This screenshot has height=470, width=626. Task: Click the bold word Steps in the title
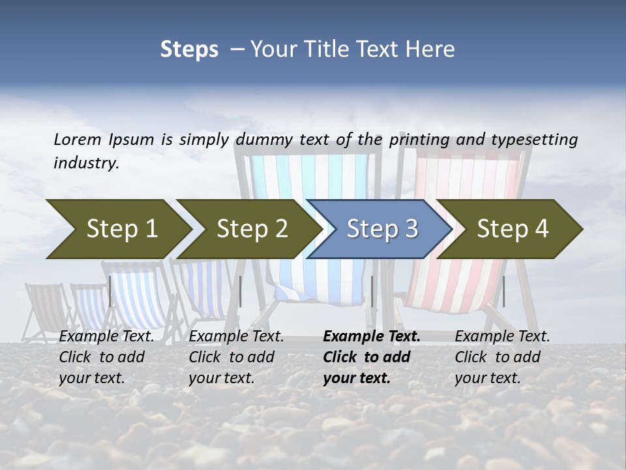pos(189,50)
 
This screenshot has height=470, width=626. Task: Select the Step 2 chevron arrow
pos(248,228)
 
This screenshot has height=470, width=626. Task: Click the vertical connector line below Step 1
pos(110,291)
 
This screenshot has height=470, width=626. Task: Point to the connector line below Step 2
pos(241,291)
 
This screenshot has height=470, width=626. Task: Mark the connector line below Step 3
pos(372,291)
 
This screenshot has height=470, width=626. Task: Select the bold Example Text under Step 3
pos(372,357)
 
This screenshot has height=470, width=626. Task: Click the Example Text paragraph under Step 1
pos(106,357)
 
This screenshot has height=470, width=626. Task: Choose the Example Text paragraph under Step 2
pos(236,357)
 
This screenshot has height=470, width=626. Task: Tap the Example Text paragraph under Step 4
pos(502,357)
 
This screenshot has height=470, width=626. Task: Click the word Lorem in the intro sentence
pos(78,139)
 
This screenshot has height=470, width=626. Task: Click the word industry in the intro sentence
pos(86,163)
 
